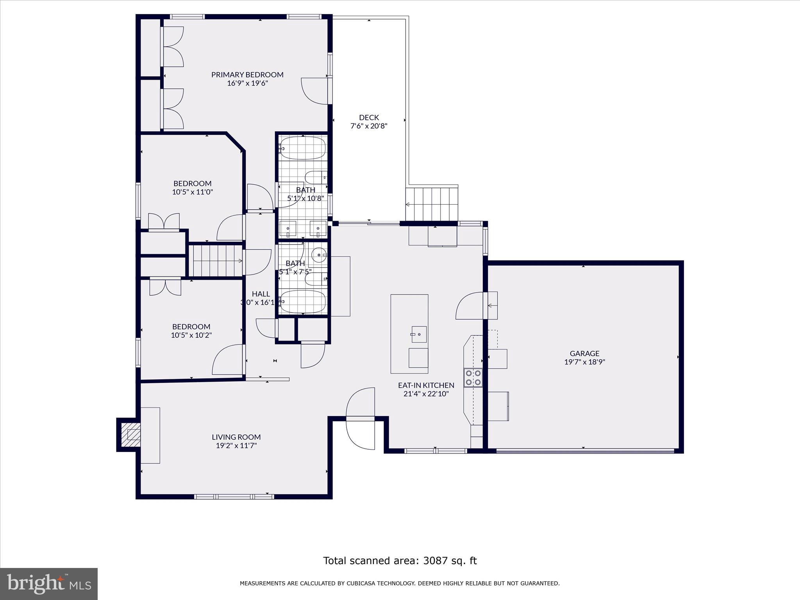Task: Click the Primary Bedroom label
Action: click(247, 75)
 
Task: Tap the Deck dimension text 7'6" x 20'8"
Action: click(369, 126)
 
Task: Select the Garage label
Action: click(584, 354)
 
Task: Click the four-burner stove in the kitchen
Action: click(473, 377)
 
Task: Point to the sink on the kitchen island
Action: click(419, 334)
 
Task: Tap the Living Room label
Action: click(236, 437)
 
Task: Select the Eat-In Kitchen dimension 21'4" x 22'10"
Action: click(426, 394)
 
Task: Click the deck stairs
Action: click(432, 204)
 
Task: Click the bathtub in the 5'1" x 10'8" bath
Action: click(303, 148)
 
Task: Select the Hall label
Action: click(261, 294)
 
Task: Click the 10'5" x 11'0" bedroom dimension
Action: click(192, 192)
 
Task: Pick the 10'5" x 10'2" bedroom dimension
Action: click(191, 335)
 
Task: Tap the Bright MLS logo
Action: click(49, 584)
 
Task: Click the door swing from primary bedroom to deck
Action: click(315, 91)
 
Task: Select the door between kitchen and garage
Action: click(471, 305)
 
